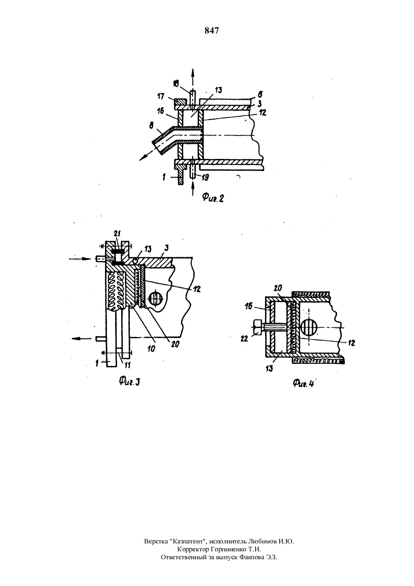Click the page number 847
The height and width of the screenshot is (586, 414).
212,31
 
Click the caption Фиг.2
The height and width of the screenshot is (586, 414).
213,198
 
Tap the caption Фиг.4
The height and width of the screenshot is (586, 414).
303,383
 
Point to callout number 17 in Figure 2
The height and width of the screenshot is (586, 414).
160,96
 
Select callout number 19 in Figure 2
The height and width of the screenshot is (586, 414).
205,178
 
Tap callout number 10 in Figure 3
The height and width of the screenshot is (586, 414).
151,348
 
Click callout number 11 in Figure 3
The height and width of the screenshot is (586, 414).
127,365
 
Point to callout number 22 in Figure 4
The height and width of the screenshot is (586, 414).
245,339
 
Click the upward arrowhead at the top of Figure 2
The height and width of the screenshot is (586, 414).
193,73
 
